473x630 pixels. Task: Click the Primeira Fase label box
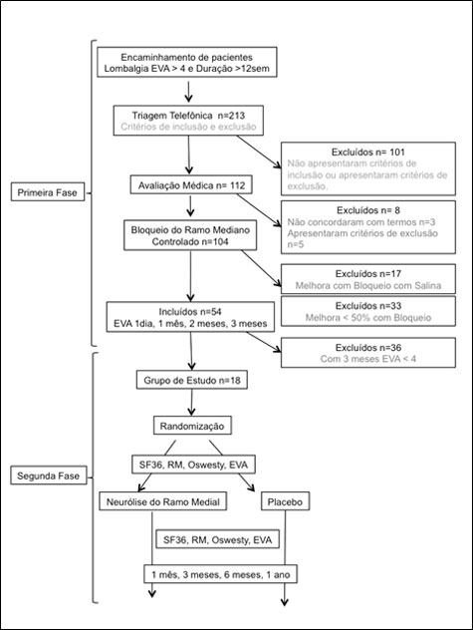(x=48, y=192)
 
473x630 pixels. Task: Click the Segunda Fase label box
(x=49, y=475)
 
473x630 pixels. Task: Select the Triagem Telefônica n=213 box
(x=188, y=121)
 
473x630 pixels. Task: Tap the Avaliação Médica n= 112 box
(x=191, y=184)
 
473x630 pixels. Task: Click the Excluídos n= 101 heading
(x=368, y=153)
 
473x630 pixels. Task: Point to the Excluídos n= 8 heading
(x=368, y=210)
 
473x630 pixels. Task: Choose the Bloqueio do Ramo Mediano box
(x=190, y=235)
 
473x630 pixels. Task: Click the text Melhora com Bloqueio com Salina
(x=368, y=286)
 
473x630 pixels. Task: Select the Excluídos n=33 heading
(x=368, y=306)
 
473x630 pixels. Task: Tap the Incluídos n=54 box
(x=190, y=317)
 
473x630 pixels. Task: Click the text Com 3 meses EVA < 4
(x=368, y=359)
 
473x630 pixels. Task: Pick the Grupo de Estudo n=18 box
(x=192, y=380)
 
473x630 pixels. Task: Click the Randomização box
(x=192, y=426)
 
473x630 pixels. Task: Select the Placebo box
(x=285, y=501)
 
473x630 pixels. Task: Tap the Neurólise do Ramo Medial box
(x=163, y=501)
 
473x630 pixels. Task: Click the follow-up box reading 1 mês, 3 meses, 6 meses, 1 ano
(x=220, y=574)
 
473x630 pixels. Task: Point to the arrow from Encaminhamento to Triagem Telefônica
(x=188, y=92)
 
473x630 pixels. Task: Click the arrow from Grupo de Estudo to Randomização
(x=192, y=402)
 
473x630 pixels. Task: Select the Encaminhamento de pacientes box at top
(x=187, y=62)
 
